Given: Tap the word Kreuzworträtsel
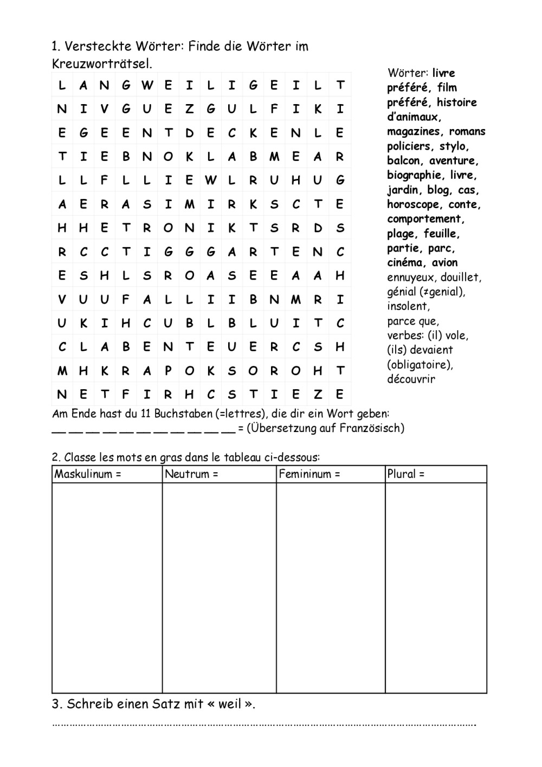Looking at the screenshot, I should click(102, 63).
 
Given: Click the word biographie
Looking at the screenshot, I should click(414, 175).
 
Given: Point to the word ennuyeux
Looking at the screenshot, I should click(410, 278).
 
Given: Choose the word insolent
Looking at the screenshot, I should click(408, 306).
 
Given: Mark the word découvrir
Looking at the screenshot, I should click(411, 379).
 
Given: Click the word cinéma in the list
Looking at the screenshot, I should click(405, 263).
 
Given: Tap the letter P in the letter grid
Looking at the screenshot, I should click(168, 371).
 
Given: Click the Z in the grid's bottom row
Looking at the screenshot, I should click(318, 395).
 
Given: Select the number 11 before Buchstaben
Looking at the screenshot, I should click(145, 414).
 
